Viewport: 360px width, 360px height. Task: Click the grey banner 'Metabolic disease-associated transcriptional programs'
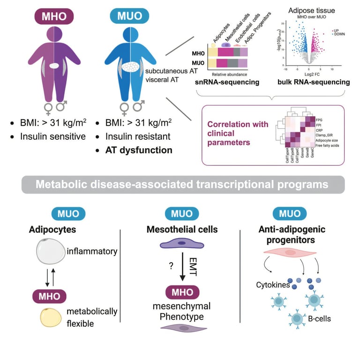[x=180, y=185]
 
